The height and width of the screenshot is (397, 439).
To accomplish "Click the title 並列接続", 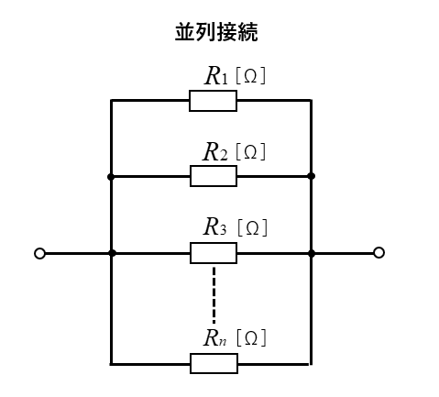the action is tap(216, 32).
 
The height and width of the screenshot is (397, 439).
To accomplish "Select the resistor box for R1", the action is tap(213, 101).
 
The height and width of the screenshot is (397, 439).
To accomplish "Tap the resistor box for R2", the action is tap(214, 176).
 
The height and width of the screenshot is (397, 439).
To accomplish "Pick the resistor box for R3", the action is tap(214, 253).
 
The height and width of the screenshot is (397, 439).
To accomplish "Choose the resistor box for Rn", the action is tap(214, 364).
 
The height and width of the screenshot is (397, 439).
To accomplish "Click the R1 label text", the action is tap(216, 75).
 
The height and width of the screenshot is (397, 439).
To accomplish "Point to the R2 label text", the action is tap(215, 151).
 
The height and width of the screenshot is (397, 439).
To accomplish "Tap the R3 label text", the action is tap(215, 226).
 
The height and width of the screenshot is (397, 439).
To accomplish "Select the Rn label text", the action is tap(215, 337).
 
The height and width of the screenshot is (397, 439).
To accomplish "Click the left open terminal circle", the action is tap(39, 254).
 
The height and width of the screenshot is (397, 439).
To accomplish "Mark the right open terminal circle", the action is tap(379, 253).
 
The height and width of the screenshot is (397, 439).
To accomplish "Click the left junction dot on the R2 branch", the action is tap(111, 177).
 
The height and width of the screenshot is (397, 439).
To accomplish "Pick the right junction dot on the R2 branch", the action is tap(312, 176).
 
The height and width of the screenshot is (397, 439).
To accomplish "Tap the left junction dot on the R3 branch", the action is tap(112, 253).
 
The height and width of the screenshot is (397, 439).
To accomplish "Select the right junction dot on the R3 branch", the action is tap(312, 253).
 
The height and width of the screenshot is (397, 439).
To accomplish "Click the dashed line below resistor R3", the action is tap(214, 295).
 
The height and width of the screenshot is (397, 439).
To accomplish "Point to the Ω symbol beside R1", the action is tap(250, 76).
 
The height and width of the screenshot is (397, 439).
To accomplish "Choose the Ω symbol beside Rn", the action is tap(251, 338).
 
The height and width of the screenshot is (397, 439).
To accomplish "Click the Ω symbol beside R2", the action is tap(250, 152).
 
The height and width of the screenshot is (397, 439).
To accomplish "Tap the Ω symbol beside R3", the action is tap(252, 228).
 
